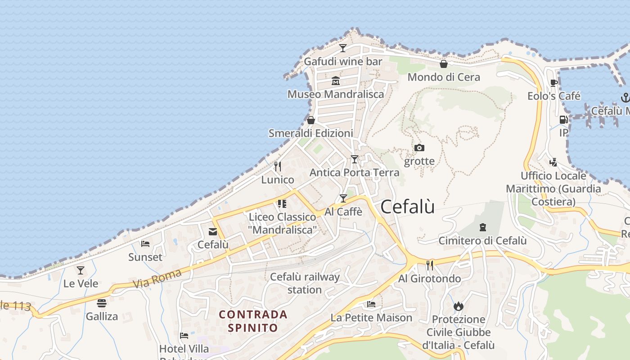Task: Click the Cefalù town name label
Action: click(408, 207)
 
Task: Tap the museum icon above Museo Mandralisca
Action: click(336, 81)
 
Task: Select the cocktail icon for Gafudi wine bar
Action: click(343, 48)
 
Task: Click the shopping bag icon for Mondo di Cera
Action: click(444, 64)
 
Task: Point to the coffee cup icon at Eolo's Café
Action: click(554, 83)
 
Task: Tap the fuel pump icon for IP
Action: click(563, 120)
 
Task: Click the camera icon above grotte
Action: click(419, 148)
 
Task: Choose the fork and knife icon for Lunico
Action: click(278, 166)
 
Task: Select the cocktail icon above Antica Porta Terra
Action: click(355, 159)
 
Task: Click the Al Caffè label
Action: click(343, 211)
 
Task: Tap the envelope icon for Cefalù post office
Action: click(213, 232)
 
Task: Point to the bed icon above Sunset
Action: click(145, 244)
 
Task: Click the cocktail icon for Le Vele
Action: click(81, 270)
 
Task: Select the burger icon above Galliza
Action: click(102, 303)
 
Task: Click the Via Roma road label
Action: click(157, 278)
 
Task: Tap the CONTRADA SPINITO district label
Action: click(253, 321)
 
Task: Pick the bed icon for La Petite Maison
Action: click(371, 304)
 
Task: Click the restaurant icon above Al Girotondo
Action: click(430, 265)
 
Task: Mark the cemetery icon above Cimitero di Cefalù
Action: click(483, 227)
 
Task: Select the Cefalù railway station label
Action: click(305, 283)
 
